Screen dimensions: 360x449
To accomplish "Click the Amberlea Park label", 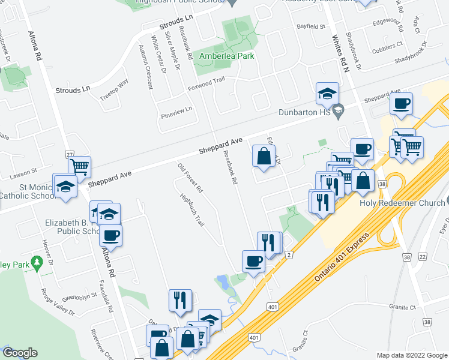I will (x=227, y=56).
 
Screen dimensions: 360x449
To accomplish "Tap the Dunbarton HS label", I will (x=306, y=112).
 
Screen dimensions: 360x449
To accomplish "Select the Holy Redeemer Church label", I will (x=402, y=202).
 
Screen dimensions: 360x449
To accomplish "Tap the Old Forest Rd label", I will (x=191, y=178).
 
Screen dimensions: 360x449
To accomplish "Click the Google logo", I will (x=20, y=353).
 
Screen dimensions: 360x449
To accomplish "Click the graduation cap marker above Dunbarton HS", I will (x=327, y=94).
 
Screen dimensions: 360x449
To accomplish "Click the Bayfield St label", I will (x=310, y=27).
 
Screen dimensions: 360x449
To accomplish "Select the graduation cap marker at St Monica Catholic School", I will (x=65, y=186).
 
